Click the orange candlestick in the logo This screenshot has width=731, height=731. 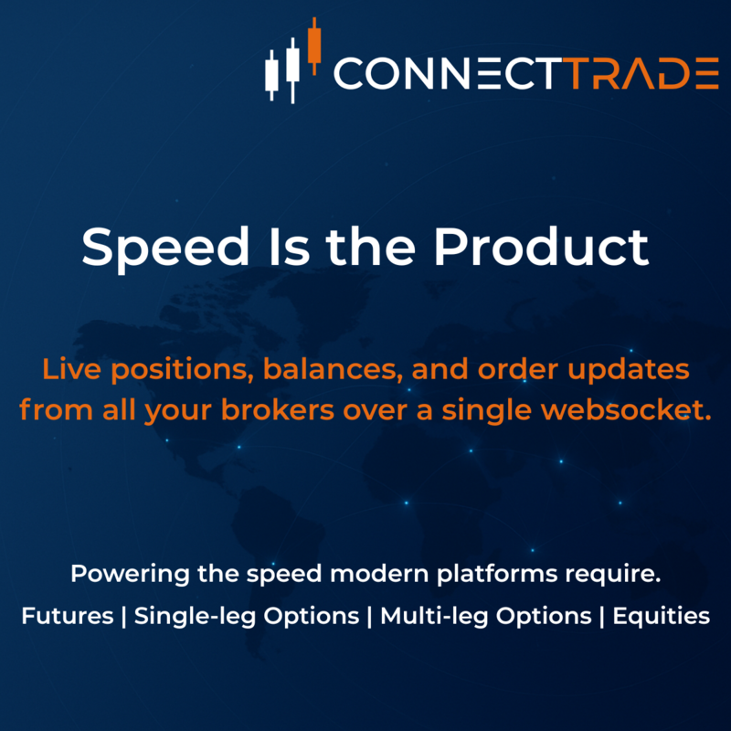[x=315, y=44]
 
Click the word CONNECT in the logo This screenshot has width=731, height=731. [x=443, y=74]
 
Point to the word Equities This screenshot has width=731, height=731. [x=662, y=616]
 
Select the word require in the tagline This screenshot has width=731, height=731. [x=615, y=577]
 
